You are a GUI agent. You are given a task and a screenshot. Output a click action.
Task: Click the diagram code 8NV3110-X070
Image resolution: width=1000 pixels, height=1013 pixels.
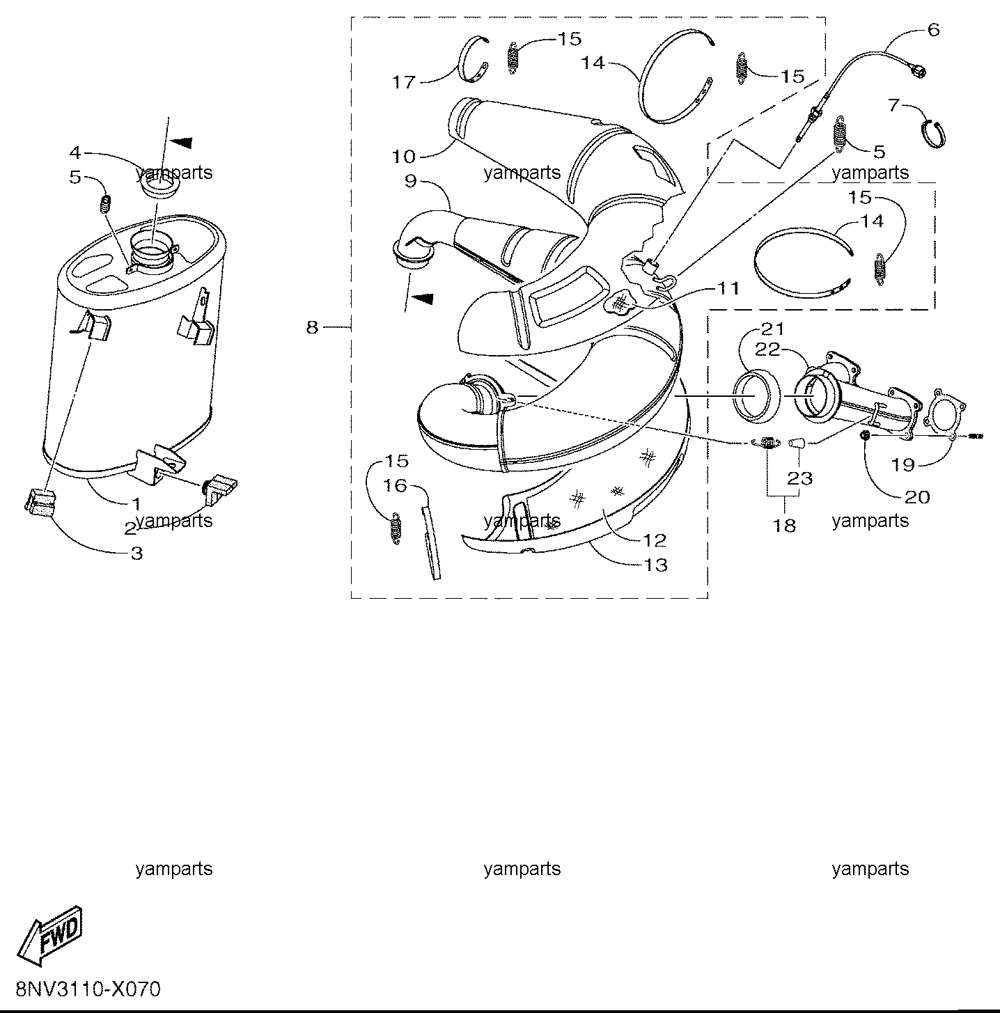88,989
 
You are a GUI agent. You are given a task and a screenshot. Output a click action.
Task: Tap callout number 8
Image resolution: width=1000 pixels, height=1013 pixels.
313,327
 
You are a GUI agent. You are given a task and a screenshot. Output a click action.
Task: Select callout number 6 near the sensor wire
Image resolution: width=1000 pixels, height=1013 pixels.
933,30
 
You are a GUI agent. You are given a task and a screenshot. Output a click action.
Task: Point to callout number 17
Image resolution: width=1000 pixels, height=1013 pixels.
404,82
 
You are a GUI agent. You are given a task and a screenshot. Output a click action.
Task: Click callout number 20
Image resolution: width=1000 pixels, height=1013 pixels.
918,497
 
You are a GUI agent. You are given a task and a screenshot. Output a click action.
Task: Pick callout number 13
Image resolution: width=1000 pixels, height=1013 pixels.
655,565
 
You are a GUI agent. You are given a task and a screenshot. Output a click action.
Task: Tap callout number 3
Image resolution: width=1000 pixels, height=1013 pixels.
136,553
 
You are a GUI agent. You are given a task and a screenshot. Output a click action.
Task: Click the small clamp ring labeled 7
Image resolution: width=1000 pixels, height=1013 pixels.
935,134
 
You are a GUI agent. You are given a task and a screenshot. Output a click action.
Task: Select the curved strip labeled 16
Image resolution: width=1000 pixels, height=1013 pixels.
430,542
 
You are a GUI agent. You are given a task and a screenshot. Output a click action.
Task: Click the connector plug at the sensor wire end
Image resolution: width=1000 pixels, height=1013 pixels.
918,72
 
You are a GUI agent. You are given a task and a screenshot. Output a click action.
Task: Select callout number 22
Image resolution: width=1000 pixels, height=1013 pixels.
769,349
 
